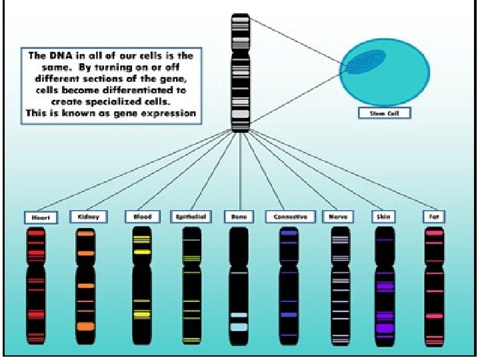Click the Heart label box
coord(41,217)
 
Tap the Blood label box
coord(142,217)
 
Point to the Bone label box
coord(238,217)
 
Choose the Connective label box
coord(290,217)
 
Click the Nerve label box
coord(337,217)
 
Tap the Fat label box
coord(434,217)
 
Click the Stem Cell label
coord(384,113)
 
